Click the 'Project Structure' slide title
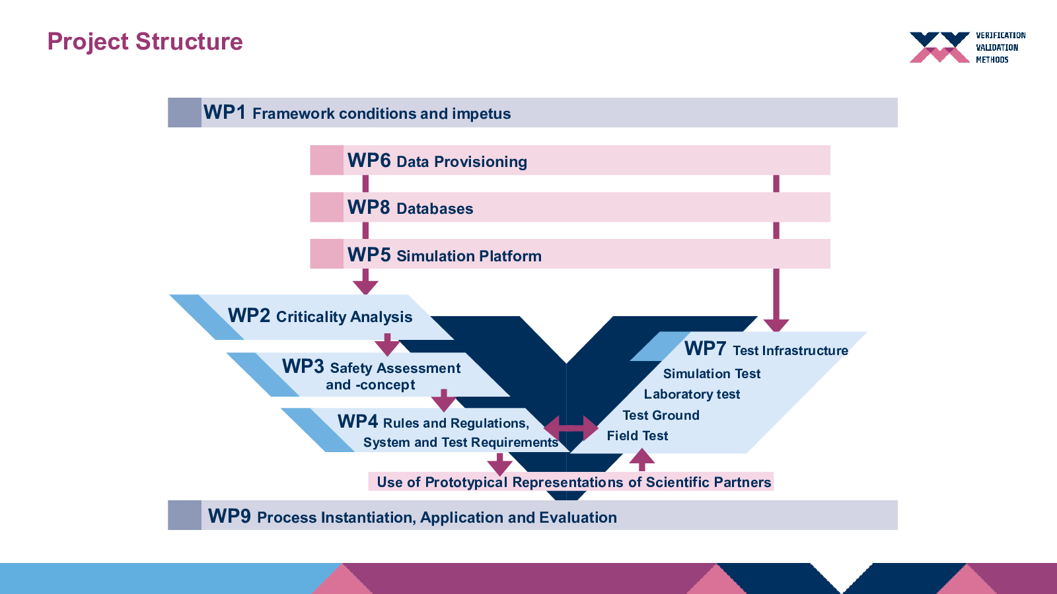point(145,42)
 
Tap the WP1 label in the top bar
point(224,113)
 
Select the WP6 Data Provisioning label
point(437,161)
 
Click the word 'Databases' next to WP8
point(435,209)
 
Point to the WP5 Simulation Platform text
point(445,255)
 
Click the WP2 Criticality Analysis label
point(320,316)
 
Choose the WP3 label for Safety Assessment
point(303,366)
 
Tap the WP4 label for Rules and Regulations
point(357,422)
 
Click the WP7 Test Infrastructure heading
point(766,349)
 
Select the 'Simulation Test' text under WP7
point(711,374)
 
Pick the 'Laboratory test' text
point(692,394)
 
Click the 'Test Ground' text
point(661,415)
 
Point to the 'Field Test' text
point(637,436)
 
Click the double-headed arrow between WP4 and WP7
point(571,428)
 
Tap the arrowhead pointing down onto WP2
point(365,288)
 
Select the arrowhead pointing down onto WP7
point(776,325)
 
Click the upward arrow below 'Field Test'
point(641,459)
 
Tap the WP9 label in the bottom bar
point(229,516)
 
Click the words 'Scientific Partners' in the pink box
point(708,482)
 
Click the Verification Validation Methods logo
point(967,47)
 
